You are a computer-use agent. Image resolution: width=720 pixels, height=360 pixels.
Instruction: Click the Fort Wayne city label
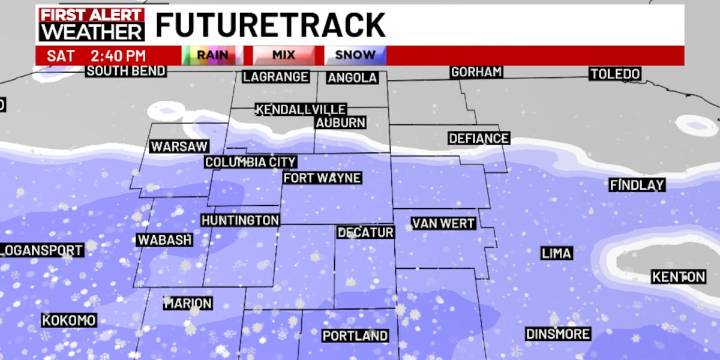[x=322, y=178]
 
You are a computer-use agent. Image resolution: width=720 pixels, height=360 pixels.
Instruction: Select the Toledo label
[x=614, y=74]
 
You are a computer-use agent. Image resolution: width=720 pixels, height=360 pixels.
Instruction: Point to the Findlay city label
[x=637, y=185]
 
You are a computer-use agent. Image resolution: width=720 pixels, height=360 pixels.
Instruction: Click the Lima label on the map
[x=556, y=253]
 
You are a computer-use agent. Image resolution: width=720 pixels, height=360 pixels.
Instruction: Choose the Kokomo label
[x=69, y=320]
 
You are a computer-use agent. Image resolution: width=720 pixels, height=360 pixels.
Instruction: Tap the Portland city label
[x=355, y=336]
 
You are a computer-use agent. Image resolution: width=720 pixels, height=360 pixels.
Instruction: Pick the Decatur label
[x=365, y=232]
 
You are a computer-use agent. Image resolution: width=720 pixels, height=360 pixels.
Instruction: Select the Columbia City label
[x=251, y=162]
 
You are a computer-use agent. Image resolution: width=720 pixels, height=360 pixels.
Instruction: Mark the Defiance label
[x=478, y=138]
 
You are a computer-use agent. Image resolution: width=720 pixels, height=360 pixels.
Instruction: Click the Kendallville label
[x=301, y=109]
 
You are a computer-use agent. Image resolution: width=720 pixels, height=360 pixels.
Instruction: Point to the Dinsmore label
[x=558, y=334]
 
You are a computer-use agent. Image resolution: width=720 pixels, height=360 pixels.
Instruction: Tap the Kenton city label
[x=678, y=276]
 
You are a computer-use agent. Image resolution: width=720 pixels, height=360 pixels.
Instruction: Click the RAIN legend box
[x=209, y=55]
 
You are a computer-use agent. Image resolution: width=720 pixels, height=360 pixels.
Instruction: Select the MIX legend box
[x=284, y=55]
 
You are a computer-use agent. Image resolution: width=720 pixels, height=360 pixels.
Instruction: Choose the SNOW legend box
[x=355, y=55]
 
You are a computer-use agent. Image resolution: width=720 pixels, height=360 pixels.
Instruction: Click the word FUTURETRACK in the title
[x=270, y=24]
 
